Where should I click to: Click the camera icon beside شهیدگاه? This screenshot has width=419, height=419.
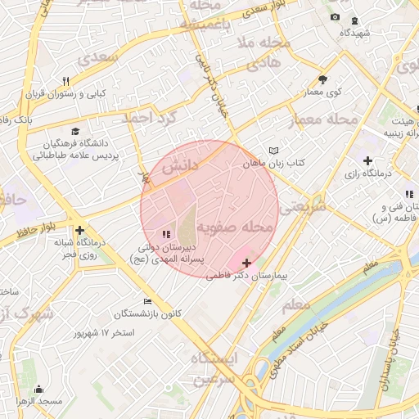pyautogui.click(x=334, y=17)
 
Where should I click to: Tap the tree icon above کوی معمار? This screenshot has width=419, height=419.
pyautogui.click(x=322, y=79)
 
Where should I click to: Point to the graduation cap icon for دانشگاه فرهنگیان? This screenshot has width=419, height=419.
pyautogui.click(x=75, y=131)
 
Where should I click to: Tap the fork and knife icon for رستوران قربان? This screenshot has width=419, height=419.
pyautogui.click(x=66, y=81)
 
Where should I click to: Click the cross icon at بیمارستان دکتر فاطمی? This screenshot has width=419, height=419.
pyautogui.click(x=247, y=263)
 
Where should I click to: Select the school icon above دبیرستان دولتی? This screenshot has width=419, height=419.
pyautogui.click(x=167, y=234)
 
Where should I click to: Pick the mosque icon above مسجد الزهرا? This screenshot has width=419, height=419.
pyautogui.click(x=39, y=389)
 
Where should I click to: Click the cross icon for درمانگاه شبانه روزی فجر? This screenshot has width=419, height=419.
pyautogui.click(x=79, y=230)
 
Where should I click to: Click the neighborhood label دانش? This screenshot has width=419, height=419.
pyautogui.click(x=180, y=166)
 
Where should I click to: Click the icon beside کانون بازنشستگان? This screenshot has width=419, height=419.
pyautogui.click(x=146, y=300)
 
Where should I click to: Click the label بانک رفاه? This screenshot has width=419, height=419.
pyautogui.click(x=16, y=119)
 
